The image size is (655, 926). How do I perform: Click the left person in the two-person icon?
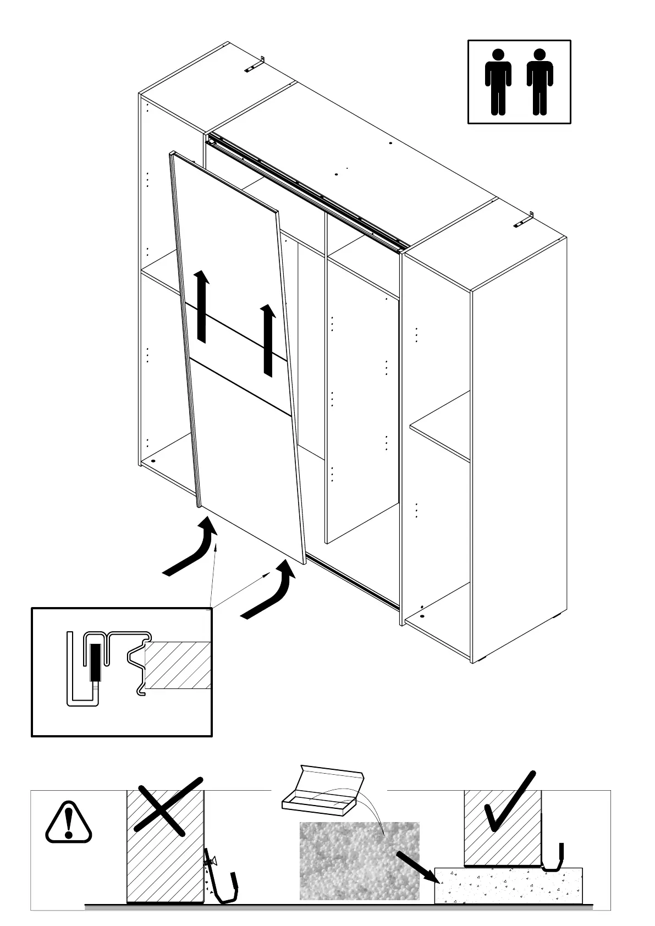coord(498,82)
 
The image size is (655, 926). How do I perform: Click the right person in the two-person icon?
coord(540,82)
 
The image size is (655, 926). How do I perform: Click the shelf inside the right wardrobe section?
coord(440,426)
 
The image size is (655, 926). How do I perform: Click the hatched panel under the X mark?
coord(165,858)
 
